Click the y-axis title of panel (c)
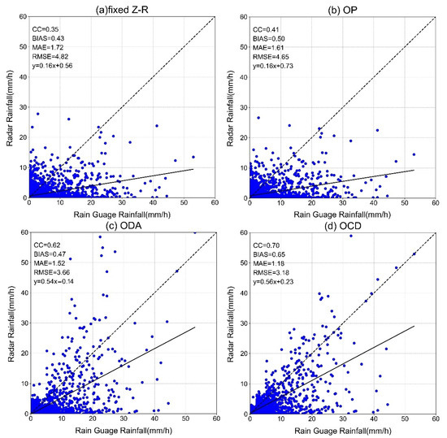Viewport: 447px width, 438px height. [8, 323]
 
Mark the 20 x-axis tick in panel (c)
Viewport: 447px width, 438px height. [91, 420]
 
